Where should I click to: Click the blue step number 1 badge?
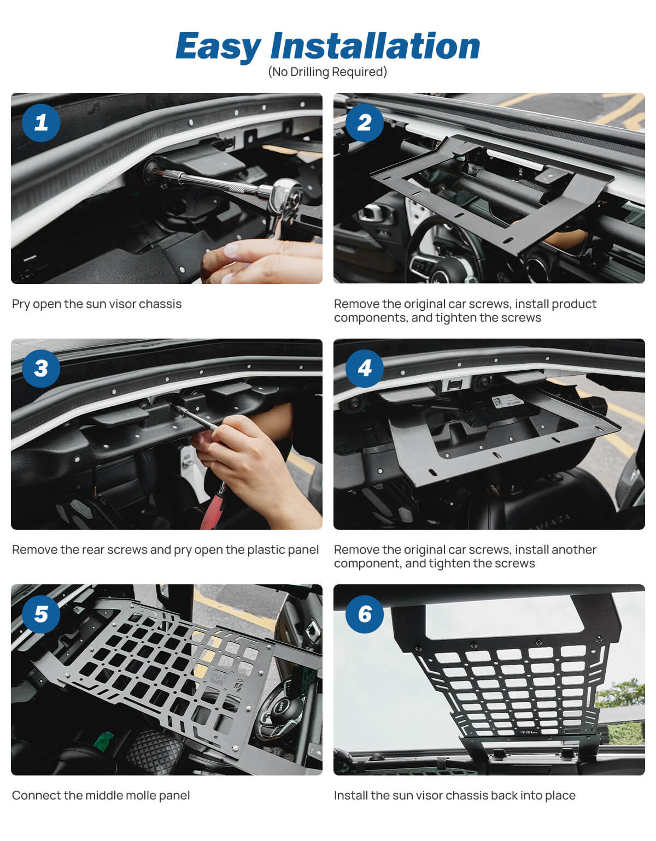41,122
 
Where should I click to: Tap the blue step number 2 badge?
364,122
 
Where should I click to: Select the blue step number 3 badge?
41,368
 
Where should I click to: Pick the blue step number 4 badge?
364,368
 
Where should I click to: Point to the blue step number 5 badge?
41,614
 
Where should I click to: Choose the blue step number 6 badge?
364,614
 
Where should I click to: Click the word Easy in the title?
219,47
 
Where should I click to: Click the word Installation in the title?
375,46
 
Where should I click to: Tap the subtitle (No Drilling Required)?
327,72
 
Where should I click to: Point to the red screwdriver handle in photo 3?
212,511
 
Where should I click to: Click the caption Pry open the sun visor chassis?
97,304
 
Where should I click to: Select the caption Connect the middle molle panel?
101,796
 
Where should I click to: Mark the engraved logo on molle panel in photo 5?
239,685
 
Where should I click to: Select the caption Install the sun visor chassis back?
454,796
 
